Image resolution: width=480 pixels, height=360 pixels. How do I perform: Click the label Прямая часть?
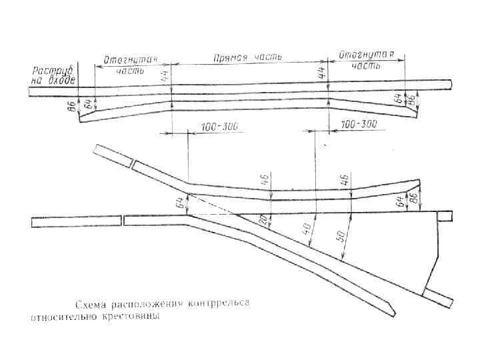pos(247,58)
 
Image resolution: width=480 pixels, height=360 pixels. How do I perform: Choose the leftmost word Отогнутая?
pos(130,59)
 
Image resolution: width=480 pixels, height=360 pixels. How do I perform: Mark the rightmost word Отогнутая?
pos(366,54)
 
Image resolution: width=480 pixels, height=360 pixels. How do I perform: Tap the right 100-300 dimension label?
pos(358,125)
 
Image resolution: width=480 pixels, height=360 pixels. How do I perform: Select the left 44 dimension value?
pos(165,77)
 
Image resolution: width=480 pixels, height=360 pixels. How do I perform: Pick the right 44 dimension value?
pos(323,76)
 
